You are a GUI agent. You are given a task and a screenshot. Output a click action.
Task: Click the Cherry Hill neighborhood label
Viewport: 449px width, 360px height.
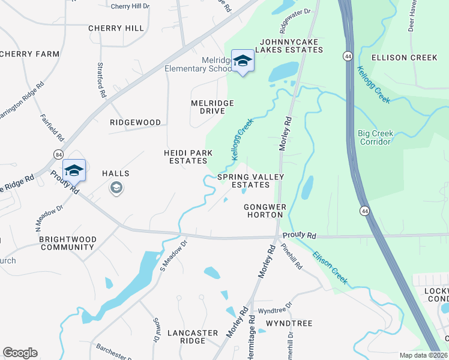click(x=116, y=28)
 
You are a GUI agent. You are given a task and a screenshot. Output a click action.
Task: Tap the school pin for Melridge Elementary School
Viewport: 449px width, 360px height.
click(x=243, y=61)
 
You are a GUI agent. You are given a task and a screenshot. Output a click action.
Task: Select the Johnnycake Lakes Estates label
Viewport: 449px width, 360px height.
click(x=289, y=46)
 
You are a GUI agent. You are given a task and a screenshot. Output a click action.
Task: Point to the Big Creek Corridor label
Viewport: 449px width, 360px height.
click(x=376, y=137)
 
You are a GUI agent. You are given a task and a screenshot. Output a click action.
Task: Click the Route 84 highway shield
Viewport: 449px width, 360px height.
click(x=58, y=155)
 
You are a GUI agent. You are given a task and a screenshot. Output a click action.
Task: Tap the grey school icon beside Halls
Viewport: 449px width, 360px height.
click(x=116, y=188)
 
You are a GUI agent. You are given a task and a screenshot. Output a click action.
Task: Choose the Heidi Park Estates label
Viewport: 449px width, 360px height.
click(x=188, y=157)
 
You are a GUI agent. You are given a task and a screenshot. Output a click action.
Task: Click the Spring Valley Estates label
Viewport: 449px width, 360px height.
click(x=250, y=181)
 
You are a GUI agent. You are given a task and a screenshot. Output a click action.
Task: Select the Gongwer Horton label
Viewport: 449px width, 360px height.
click(x=264, y=211)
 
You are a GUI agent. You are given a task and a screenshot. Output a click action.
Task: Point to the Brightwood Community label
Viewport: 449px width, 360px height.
click(x=67, y=243)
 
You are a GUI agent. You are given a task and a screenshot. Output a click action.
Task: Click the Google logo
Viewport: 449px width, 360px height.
click(x=20, y=353)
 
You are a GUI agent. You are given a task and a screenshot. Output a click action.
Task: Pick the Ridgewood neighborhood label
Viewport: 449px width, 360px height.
click(x=135, y=122)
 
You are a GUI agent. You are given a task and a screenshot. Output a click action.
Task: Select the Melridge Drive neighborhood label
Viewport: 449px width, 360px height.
click(x=212, y=107)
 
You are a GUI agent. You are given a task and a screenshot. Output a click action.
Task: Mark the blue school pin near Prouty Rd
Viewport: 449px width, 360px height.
click(x=74, y=170)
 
